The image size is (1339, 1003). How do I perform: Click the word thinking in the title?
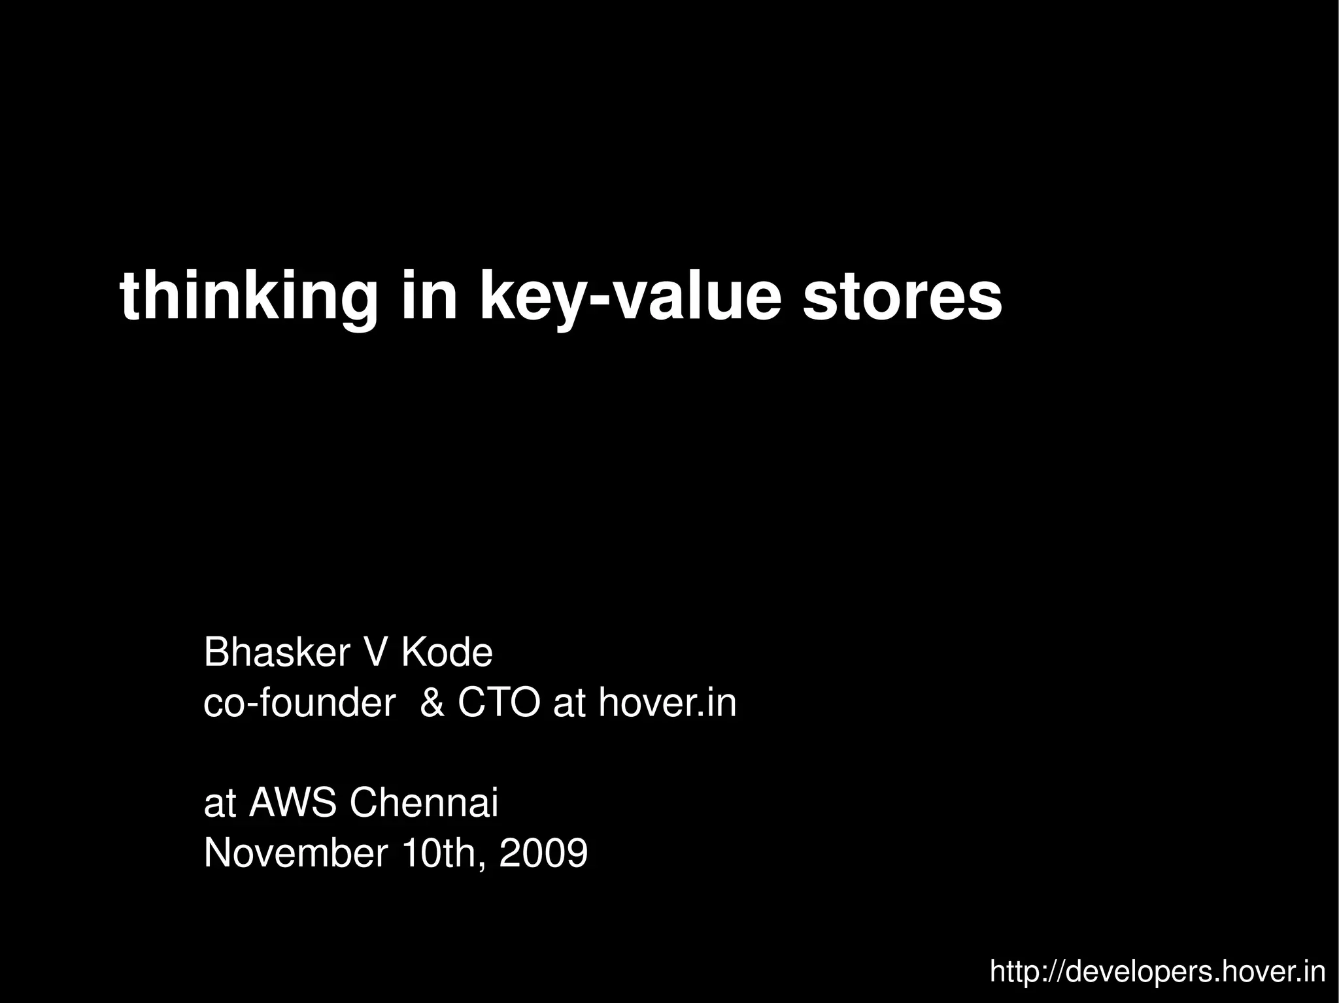[248, 297]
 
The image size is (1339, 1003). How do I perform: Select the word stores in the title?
[902, 297]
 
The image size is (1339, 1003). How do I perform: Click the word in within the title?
[429, 297]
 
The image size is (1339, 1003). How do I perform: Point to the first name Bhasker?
[278, 652]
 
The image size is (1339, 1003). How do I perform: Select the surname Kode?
[447, 652]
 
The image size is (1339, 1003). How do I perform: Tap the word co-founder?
[299, 703]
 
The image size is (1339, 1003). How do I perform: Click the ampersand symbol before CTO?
[432, 703]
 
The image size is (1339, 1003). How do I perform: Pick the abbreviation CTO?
[499, 703]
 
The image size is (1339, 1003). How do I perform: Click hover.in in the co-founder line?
[668, 703]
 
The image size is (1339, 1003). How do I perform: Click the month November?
[296, 853]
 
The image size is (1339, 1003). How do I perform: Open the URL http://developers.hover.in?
[1157, 972]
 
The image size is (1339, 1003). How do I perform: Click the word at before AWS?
[220, 804]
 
